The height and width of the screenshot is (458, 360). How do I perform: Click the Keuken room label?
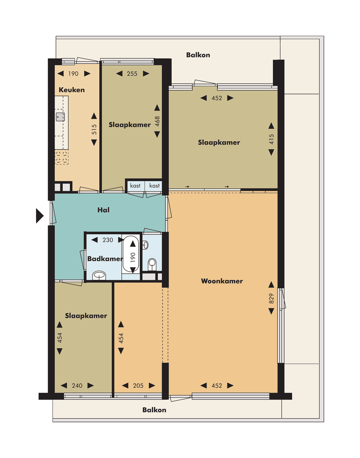(x=72, y=90)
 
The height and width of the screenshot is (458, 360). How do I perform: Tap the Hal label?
(x=103, y=210)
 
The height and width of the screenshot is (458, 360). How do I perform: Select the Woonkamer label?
(x=222, y=281)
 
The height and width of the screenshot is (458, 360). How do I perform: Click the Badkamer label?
(x=105, y=259)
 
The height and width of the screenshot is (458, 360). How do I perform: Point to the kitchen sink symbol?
(x=60, y=117)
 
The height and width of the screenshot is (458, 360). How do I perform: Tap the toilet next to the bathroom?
(x=152, y=264)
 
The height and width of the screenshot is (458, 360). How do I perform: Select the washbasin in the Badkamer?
(x=99, y=275)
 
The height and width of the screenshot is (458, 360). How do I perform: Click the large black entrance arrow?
(x=40, y=216)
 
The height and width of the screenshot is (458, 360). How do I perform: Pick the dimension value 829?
(x=271, y=298)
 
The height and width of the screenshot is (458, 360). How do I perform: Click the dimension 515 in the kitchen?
(x=94, y=129)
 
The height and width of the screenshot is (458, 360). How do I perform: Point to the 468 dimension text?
(x=157, y=121)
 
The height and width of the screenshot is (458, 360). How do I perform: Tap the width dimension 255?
(x=132, y=74)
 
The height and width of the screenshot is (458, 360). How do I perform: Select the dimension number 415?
(x=271, y=139)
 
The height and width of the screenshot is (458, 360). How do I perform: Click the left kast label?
(x=135, y=186)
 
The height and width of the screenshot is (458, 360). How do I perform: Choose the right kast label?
(x=154, y=186)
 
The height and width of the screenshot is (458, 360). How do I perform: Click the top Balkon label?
(x=198, y=55)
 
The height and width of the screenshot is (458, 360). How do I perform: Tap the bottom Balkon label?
(x=154, y=410)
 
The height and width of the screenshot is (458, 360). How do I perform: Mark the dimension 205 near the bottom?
(x=138, y=386)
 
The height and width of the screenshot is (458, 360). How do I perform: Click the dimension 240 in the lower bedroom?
(x=77, y=386)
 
